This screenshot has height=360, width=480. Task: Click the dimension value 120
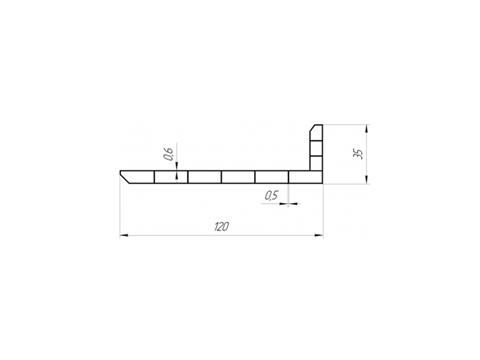(221, 227)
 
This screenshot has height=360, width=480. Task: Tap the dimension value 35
(359, 154)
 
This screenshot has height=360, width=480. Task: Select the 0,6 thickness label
(169, 154)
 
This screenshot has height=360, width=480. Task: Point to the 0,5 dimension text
(271, 195)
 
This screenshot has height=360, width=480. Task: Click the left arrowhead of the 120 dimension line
(123, 236)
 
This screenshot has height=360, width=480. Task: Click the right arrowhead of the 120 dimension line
(319, 236)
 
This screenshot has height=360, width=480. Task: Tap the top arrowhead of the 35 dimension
(367, 129)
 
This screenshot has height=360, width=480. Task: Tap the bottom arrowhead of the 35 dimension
(367, 179)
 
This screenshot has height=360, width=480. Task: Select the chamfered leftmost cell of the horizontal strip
(138, 177)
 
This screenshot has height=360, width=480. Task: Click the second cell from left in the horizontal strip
(171, 177)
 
